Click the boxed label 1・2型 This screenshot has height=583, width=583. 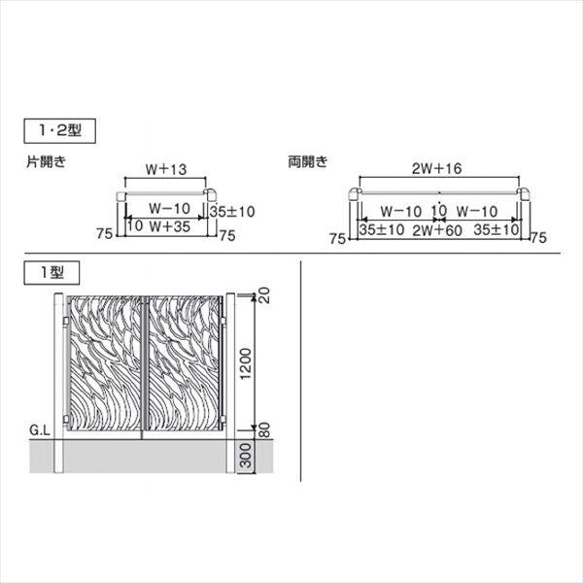pos(60,131)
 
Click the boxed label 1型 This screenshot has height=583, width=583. pos(51,273)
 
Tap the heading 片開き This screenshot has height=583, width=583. pos(46,162)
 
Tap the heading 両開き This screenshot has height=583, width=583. pos(308,162)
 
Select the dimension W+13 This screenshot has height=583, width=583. pos(166,169)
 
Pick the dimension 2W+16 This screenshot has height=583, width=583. pos(436,169)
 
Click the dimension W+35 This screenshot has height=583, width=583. pos(170,226)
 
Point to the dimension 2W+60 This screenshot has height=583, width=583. pos(437,230)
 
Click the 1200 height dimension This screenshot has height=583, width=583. pos(246,363)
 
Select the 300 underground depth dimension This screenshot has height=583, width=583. pos(246,456)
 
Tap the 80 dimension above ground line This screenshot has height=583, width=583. pos(265,430)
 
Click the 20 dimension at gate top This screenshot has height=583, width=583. pos(264,295)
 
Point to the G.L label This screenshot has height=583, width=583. pos(40,430)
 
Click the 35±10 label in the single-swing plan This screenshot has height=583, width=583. pos(232,212)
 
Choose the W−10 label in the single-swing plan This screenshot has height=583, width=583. pos(169,208)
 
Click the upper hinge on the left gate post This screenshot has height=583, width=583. pos(66,321)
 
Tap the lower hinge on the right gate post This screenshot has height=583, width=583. pos(223,420)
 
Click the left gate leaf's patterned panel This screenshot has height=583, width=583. pos(105,363)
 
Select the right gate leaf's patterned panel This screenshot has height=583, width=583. pos(184,363)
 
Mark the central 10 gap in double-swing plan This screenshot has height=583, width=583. pos(439,211)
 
